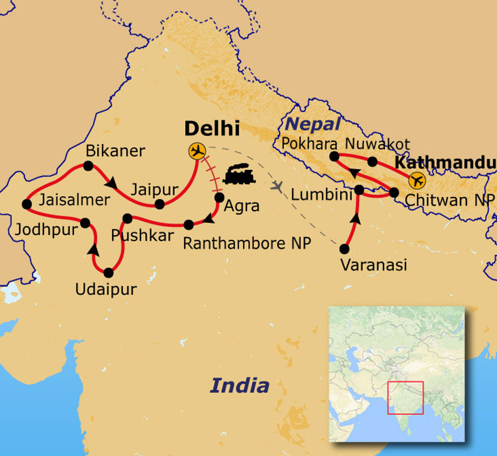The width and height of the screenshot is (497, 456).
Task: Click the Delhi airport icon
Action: pos(197,151)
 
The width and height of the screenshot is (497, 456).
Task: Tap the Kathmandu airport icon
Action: pos(416,180)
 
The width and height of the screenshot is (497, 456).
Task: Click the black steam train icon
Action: pos(239,174)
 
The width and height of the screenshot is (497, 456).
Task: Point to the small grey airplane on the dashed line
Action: pos(277,185)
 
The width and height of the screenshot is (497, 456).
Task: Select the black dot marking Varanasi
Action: pos(344,249)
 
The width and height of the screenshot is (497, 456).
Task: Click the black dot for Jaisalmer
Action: pos(27,204)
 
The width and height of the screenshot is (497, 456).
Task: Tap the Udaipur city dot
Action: pos(108,273)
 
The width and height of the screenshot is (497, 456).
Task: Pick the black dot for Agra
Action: pos(219,197)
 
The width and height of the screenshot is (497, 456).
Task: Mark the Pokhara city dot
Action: pos(334,156)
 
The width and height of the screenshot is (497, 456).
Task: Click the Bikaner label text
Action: pos(115,151)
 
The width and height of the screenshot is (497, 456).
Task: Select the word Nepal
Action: pos(313,124)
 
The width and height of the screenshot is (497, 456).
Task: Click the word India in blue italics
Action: pos(239,386)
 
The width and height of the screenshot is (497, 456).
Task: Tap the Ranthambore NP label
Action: pos(247,243)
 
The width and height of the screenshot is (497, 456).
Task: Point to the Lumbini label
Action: pos(321,195)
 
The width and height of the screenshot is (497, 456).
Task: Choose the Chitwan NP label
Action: pos(449,199)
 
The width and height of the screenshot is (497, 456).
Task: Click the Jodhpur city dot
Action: pos(85,223)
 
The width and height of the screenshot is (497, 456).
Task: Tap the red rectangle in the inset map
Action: pos(405,397)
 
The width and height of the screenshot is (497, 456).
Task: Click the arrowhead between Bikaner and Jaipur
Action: pos(112,183)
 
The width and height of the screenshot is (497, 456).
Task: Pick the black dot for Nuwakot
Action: pos(372,162)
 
